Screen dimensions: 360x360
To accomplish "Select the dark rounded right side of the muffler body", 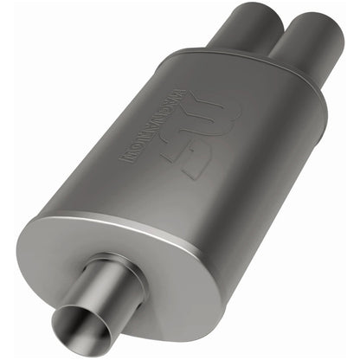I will [286, 190].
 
